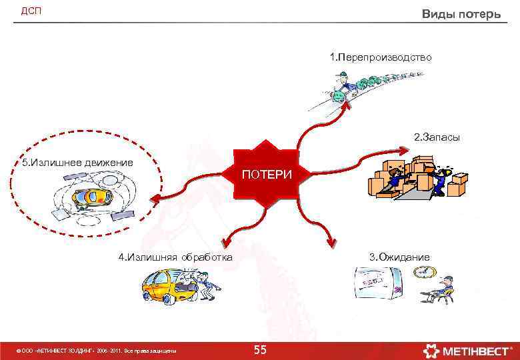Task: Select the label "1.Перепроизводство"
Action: [x=381, y=58]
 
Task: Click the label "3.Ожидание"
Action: [x=399, y=257]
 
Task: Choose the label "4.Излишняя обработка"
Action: [x=175, y=257]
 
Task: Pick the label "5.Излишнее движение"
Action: [x=77, y=162]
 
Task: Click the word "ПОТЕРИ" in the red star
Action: [x=266, y=175]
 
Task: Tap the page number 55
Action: [x=260, y=350]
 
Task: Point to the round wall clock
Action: [x=423, y=272]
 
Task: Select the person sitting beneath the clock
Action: [x=441, y=289]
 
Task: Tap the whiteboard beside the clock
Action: [x=378, y=285]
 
